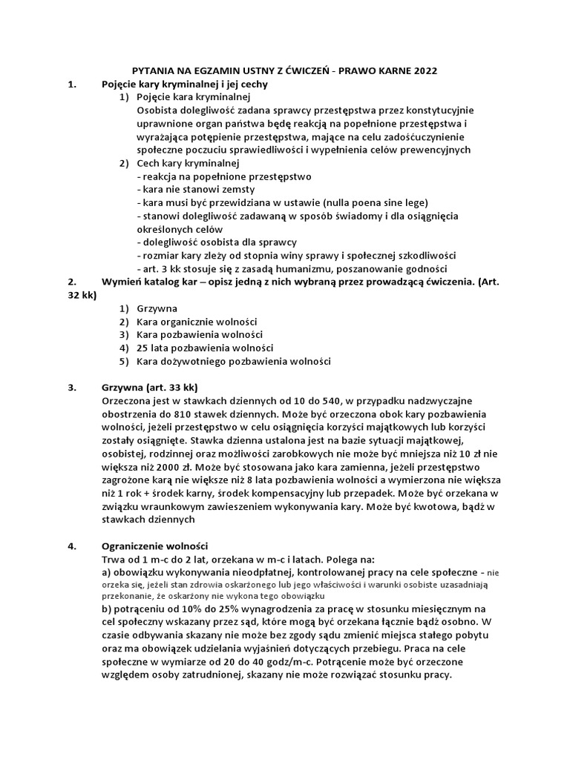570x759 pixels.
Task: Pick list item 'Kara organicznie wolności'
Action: point(197,322)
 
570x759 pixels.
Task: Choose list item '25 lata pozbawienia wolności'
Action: point(205,348)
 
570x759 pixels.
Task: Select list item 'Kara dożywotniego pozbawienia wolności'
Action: point(233,362)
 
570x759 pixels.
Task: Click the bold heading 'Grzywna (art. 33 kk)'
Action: point(154,388)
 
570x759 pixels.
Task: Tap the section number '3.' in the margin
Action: point(72,388)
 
